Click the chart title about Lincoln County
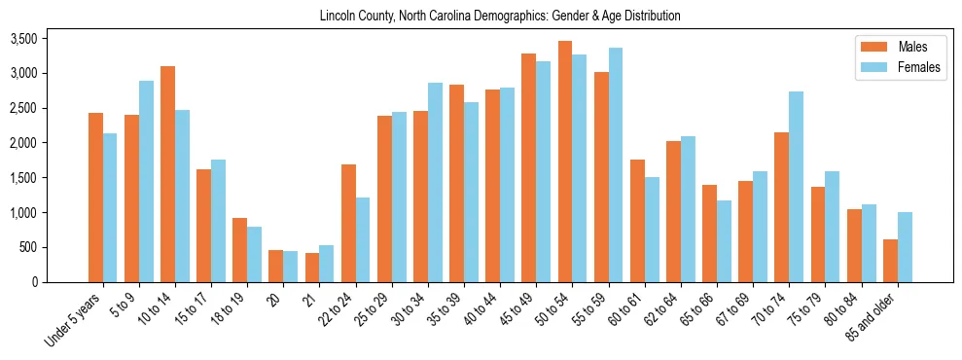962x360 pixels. click(x=500, y=16)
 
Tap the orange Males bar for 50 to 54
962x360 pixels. click(x=564, y=162)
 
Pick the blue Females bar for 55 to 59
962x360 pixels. click(x=615, y=164)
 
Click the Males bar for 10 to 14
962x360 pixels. click(x=167, y=174)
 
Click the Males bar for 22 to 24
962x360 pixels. click(x=348, y=223)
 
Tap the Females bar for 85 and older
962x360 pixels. click(x=905, y=247)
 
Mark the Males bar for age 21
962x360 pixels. click(x=312, y=268)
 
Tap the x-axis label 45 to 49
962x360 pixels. click(x=519, y=308)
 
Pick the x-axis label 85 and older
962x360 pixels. click(x=875, y=318)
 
